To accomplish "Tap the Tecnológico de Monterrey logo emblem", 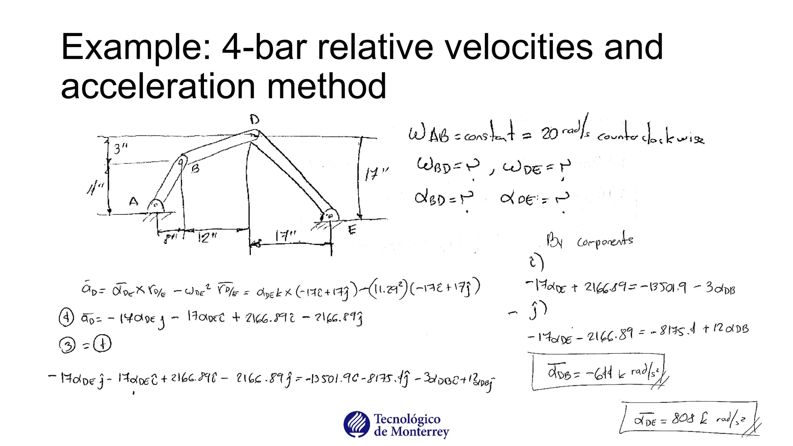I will click(x=356, y=424).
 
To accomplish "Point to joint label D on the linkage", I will click(x=254, y=119).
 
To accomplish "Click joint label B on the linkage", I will click(x=196, y=168).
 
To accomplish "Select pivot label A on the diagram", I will click(x=134, y=202).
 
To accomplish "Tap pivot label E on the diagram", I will click(x=352, y=230).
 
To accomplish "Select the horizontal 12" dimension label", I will click(x=207, y=237).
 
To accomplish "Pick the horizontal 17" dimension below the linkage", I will click(x=286, y=236).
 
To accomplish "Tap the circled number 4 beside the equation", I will click(x=66, y=318).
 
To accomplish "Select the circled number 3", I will click(x=67, y=345).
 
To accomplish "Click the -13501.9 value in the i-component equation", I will click(x=663, y=288).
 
